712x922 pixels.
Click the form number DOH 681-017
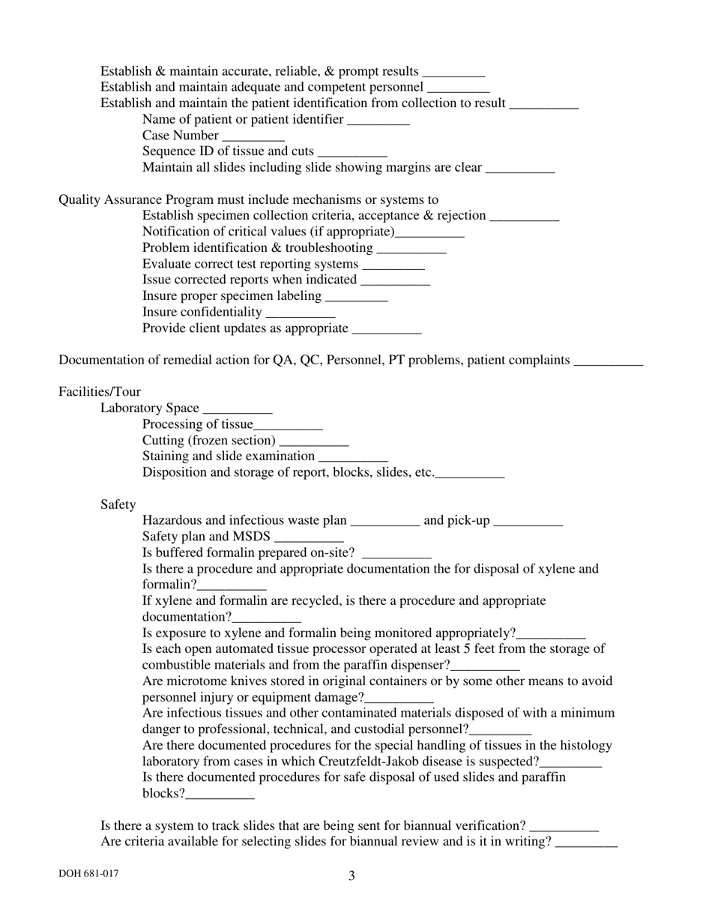(88, 874)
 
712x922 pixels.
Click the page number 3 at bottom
(352, 876)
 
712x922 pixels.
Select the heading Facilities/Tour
(100, 392)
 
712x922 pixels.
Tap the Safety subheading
(118, 504)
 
